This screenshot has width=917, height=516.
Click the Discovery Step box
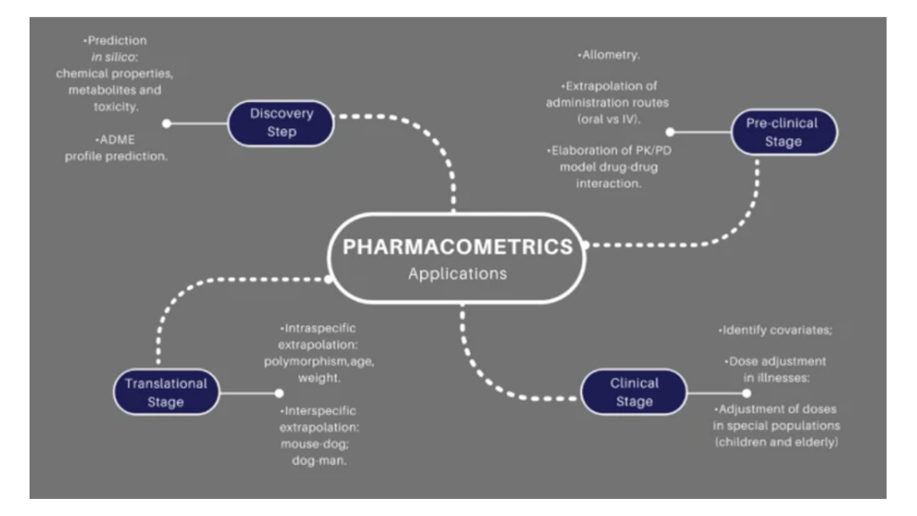[281, 123]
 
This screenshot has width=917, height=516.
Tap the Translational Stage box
[166, 392]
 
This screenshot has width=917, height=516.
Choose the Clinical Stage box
[634, 392]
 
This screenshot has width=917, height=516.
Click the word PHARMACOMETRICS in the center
[458, 246]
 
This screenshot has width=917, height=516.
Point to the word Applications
[458, 273]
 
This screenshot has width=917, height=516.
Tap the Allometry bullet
[609, 56]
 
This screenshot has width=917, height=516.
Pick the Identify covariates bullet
[776, 331]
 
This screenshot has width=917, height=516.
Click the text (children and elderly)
[776, 442]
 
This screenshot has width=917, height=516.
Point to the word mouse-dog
[310, 443]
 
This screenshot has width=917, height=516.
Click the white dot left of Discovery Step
[167, 124]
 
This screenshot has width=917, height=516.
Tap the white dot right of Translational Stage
[279, 392]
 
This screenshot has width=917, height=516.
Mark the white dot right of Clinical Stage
[747, 392]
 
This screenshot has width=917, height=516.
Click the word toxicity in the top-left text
[114, 106]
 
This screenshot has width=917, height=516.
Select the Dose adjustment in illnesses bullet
[776, 369]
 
